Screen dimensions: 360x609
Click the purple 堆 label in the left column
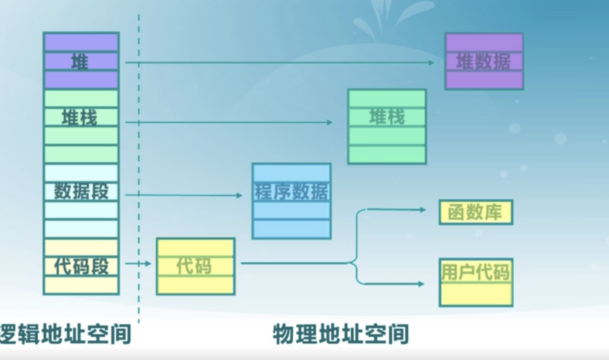(80, 62)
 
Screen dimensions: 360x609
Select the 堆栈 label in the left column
(79, 118)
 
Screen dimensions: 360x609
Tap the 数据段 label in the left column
(81, 191)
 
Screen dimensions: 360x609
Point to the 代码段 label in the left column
(81, 266)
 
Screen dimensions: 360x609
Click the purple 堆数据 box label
(483, 62)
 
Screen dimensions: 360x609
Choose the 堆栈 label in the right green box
(387, 117)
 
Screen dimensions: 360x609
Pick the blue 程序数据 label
(291, 192)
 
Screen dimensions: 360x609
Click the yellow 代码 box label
(194, 266)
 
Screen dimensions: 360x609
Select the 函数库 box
(476, 213)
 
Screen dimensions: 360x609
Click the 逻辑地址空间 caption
(65, 334)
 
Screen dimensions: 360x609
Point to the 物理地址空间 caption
(341, 334)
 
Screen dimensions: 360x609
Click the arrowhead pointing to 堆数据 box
(431, 63)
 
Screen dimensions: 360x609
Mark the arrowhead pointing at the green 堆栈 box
(330, 122)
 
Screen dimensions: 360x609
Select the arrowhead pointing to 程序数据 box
(239, 196)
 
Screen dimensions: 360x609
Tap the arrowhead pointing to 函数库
(423, 210)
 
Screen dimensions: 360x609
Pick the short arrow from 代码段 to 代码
(139, 264)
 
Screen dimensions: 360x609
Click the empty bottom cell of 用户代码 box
(476, 295)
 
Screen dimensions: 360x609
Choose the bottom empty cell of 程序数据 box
(291, 229)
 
